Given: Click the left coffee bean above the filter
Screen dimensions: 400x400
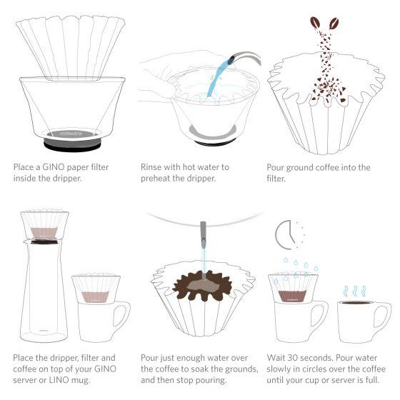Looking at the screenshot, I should click(x=315, y=22).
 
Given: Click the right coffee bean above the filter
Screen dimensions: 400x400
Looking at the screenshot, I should click(x=334, y=23).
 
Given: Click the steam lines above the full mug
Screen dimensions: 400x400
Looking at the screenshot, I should click(x=354, y=291).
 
